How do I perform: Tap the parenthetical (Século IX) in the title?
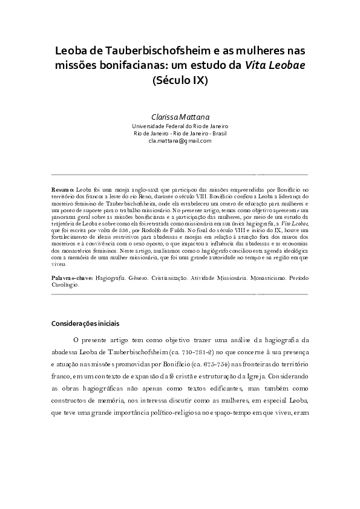click(180, 80)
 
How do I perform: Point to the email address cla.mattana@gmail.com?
click(180, 140)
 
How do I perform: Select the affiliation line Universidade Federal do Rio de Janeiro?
click(180, 126)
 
